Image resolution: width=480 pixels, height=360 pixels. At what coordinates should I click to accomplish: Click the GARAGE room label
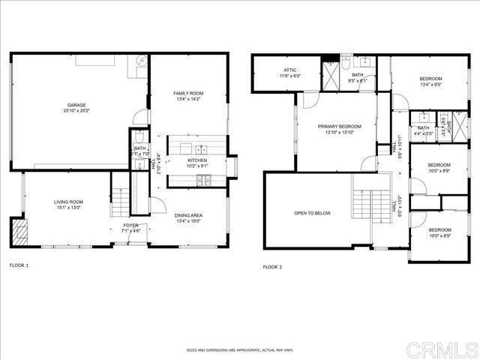(x=75, y=106)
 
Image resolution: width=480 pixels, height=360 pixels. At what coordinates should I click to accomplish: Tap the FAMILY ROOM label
(x=188, y=93)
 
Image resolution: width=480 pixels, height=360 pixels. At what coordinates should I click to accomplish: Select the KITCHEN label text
(x=197, y=160)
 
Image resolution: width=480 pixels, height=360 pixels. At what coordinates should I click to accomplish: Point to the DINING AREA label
(x=188, y=215)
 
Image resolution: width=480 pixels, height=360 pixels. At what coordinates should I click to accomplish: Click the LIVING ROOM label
(x=67, y=202)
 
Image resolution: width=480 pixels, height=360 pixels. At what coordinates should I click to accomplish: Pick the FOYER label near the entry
(x=130, y=225)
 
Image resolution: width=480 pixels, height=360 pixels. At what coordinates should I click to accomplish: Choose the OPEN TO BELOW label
(x=312, y=213)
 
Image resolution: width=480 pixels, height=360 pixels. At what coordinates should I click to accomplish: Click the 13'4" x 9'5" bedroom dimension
(x=430, y=85)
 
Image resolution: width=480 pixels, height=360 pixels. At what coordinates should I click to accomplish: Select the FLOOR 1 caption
(x=19, y=265)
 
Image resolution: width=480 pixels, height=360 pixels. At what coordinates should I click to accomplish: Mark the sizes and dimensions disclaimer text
(x=239, y=349)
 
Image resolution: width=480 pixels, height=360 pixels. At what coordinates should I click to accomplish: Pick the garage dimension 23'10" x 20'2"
(x=75, y=112)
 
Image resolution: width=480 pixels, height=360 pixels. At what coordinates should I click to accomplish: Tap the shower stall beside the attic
(x=331, y=75)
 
